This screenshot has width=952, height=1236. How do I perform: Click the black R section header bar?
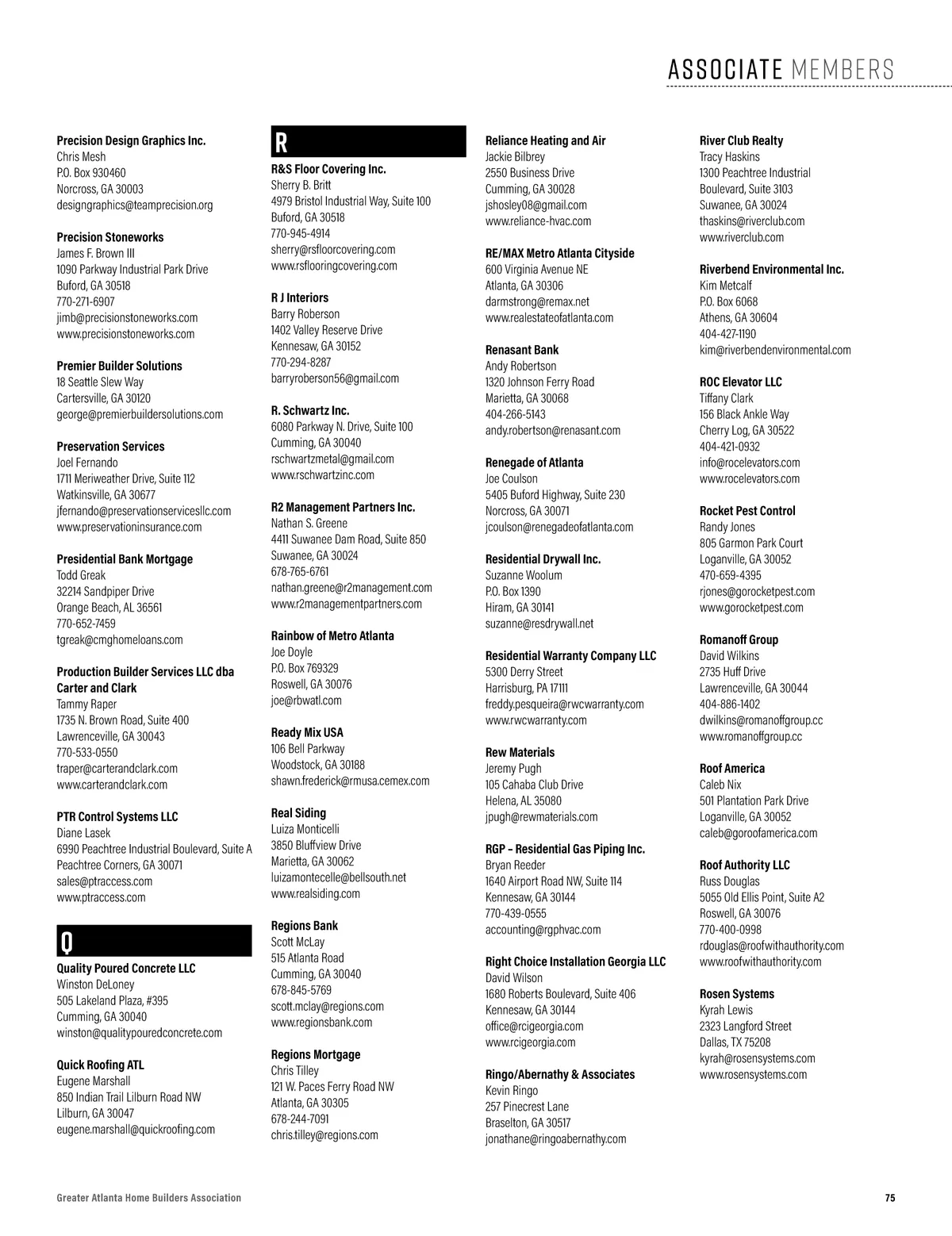pyautogui.click(x=368, y=141)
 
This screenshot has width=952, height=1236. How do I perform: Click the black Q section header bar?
pyautogui.click(x=154, y=940)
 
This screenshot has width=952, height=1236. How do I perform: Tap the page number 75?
pyautogui.click(x=890, y=1198)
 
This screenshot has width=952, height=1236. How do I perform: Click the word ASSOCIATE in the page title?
pyautogui.click(x=725, y=70)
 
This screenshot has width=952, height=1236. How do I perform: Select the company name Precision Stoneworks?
pyautogui.click(x=110, y=237)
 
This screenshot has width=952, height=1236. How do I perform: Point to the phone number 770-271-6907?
pyautogui.click(x=86, y=301)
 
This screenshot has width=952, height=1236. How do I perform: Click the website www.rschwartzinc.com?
pyautogui.click(x=323, y=475)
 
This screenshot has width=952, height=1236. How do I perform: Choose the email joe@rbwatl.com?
pyautogui.click(x=306, y=701)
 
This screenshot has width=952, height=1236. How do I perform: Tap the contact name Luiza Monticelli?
pyautogui.click(x=305, y=829)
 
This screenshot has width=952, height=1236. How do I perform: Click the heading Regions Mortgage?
pyautogui.click(x=316, y=1054)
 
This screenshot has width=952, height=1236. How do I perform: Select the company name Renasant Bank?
pyautogui.click(x=522, y=350)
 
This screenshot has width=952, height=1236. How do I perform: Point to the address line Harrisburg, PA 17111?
pyautogui.click(x=527, y=688)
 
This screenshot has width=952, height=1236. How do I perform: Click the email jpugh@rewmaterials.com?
pyautogui.click(x=542, y=816)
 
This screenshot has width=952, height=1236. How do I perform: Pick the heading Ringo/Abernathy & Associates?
pyautogui.click(x=560, y=1074)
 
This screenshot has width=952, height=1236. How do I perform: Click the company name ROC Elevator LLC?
pyautogui.click(x=741, y=382)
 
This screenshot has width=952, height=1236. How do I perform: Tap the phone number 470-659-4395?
pyautogui.click(x=730, y=575)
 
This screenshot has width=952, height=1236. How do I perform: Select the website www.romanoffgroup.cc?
pyautogui.click(x=750, y=736)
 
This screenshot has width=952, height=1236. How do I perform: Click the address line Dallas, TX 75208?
pyautogui.click(x=735, y=1042)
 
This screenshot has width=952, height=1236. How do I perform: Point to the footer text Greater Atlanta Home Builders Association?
pyautogui.click(x=149, y=1198)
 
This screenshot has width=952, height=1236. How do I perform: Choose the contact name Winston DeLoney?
pyautogui.click(x=96, y=985)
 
